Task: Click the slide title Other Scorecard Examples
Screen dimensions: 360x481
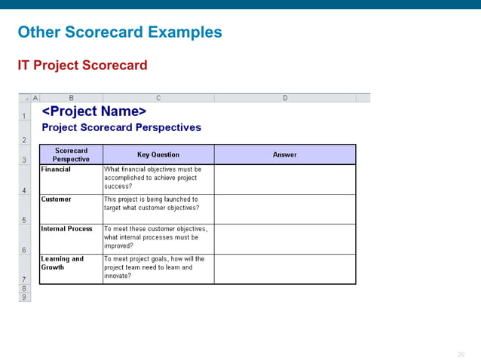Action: (x=119, y=32)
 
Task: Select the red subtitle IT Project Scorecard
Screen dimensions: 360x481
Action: (x=82, y=66)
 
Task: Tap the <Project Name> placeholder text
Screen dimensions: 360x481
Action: (x=93, y=112)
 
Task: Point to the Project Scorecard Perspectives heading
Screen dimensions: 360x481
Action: (x=121, y=127)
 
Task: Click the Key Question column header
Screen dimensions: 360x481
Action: (x=158, y=154)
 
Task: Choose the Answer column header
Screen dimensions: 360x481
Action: (x=284, y=154)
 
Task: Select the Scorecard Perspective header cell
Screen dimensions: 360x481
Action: (x=71, y=154)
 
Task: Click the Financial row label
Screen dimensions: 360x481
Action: (x=56, y=169)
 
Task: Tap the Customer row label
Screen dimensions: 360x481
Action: (x=57, y=200)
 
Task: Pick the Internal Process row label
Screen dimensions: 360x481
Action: (x=66, y=229)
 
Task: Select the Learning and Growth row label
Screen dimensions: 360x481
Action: (x=62, y=263)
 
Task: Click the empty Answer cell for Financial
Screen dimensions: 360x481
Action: (x=284, y=179)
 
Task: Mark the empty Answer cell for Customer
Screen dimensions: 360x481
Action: (x=284, y=209)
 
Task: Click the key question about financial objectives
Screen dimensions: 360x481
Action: (x=152, y=178)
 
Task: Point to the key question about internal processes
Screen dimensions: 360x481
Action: (x=155, y=237)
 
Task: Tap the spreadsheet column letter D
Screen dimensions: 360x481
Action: (x=285, y=98)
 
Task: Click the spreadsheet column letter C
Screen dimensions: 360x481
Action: (x=158, y=98)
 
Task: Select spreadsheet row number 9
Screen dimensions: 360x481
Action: (x=25, y=297)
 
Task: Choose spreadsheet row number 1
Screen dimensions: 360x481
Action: (x=25, y=116)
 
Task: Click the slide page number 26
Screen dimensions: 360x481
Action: (x=461, y=354)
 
